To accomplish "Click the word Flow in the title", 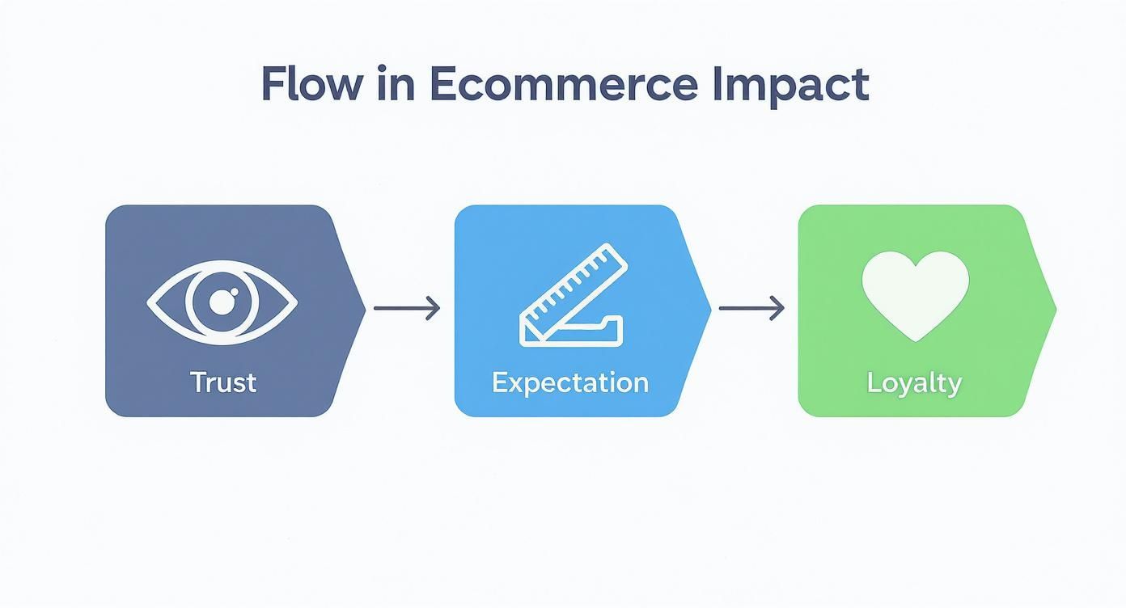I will [311, 84].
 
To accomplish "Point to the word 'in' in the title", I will [396, 84].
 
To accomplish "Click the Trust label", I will [223, 382].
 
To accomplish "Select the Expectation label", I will [569, 382].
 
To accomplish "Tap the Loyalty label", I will [914, 382].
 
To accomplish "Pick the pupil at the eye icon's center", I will [221, 303].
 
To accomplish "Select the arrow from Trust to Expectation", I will [406, 308].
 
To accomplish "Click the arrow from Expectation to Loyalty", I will [751, 308].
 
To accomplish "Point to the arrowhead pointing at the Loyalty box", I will [778, 308].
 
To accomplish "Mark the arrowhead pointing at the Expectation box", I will [434, 308].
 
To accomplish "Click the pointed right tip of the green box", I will [1054, 308].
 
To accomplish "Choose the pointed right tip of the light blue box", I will [709, 308].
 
